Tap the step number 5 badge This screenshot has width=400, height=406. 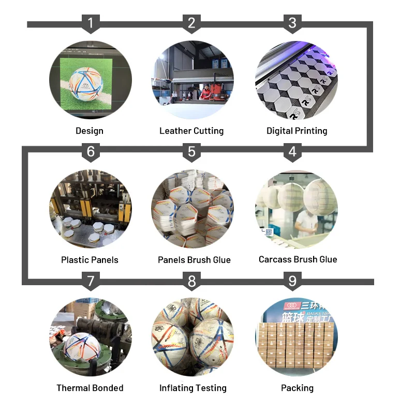192,151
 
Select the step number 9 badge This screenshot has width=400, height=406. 293,281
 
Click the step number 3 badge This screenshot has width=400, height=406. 293,23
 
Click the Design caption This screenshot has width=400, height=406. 90,131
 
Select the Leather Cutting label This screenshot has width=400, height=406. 191,131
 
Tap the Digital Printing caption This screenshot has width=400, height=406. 297,131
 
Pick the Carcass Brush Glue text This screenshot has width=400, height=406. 298,259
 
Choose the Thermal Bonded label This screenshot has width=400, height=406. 90,388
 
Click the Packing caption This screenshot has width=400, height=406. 297,388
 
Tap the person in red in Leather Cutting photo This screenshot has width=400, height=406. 205,91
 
